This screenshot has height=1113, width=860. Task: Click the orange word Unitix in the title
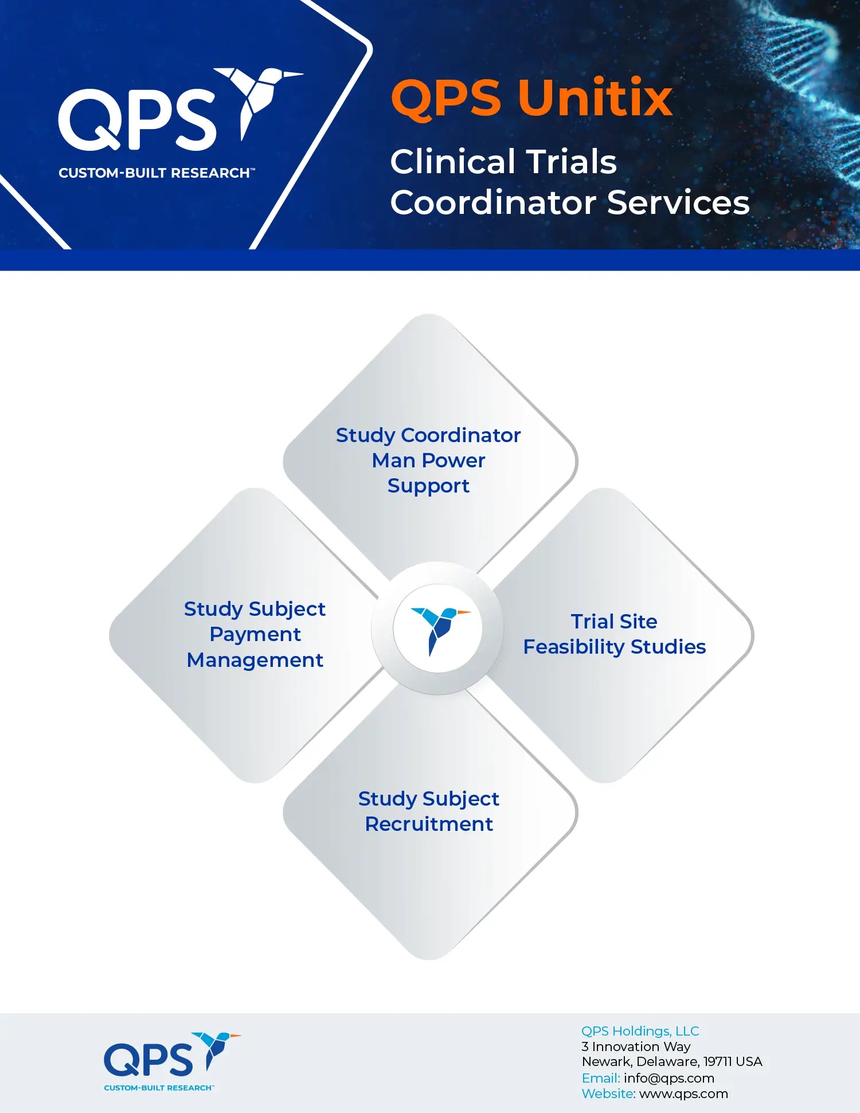pos(595,98)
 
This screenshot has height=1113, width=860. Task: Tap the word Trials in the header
pos(571,161)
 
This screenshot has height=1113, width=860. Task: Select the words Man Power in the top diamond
pos(428,460)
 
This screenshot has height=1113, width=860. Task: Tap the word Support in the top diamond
pos(428,486)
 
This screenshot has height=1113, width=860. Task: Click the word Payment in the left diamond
pos(255,635)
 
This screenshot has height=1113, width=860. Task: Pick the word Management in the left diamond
pos(255,661)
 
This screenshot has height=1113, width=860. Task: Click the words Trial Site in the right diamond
pos(614,622)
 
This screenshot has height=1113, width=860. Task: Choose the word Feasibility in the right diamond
pos(574,647)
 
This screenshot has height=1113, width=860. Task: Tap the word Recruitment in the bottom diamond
pos(429,824)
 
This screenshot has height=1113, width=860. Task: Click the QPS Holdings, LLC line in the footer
pos(640,1031)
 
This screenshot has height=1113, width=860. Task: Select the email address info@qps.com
pos(669,1078)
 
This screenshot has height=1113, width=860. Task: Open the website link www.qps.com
pos(683,1094)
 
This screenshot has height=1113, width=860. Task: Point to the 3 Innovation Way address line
pos(636,1046)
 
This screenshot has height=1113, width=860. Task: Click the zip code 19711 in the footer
pos(717,1062)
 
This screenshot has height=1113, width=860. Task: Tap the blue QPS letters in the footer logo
pos(148,1060)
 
